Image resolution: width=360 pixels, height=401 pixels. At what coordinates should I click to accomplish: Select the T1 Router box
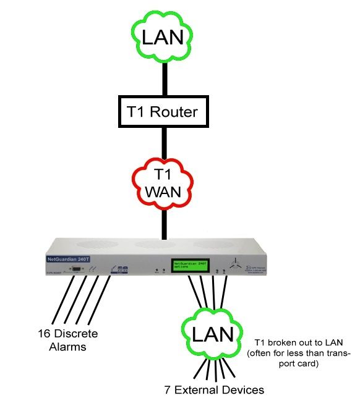point(163,111)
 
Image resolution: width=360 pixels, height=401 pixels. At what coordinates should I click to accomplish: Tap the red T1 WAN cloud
point(163,182)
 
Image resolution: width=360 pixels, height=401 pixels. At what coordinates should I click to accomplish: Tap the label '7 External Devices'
point(214,389)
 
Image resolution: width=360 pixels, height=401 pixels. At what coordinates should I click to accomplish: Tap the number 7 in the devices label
point(168,389)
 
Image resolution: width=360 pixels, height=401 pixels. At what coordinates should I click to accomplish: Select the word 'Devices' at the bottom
point(242,389)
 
